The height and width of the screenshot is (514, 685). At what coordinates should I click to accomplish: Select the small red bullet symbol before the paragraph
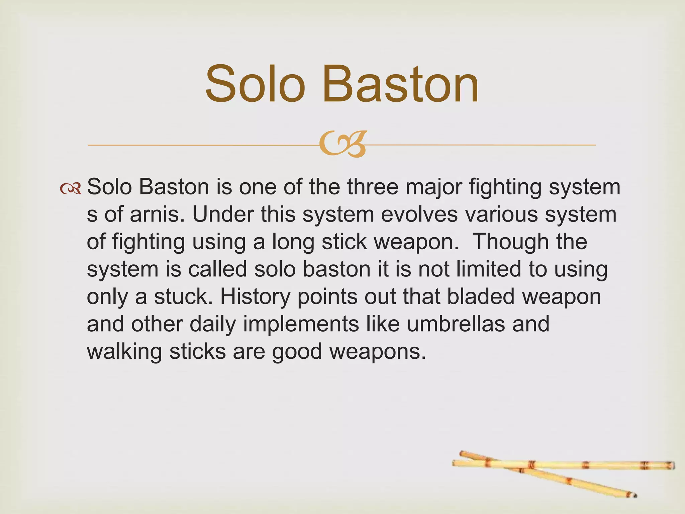[70, 189]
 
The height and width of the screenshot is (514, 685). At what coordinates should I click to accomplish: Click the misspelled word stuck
[181, 296]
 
